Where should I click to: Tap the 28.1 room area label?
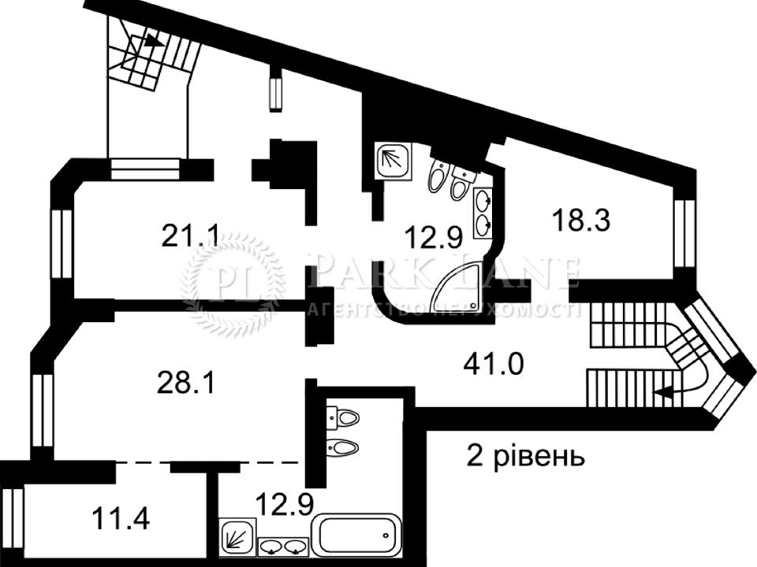pos(186,385)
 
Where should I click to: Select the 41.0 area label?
pos(494,364)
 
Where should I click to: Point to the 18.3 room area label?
pos(581,220)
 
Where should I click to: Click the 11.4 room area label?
pos(121,519)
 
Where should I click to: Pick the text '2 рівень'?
pos(526,455)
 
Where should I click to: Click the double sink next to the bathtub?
pos(283,547)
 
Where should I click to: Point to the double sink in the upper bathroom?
pos(483,213)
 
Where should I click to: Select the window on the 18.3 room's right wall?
pos(684,233)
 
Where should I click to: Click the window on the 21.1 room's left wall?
pos(62,244)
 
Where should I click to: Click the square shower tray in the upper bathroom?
pos(393,161)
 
